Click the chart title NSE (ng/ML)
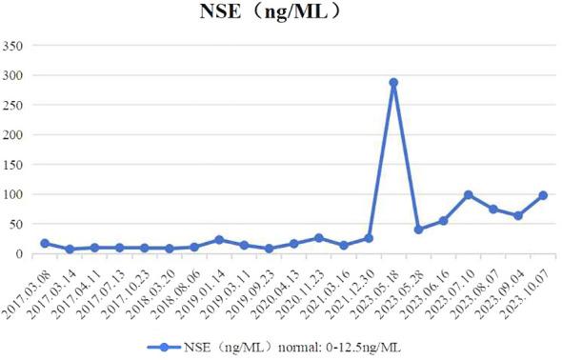tap(281, 14)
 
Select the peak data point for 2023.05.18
tap(393, 83)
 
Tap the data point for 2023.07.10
tap(469, 194)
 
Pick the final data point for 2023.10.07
tap(543, 195)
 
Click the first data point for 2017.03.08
tap(45, 243)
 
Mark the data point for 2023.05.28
tap(418, 230)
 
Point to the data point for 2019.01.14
tap(219, 240)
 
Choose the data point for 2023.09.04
tap(518, 216)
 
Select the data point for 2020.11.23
tap(319, 238)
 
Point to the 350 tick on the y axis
tap(16, 45)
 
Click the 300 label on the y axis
tap(16, 75)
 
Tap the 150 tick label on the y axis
tap(16, 165)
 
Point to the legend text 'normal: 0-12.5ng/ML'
tap(332, 347)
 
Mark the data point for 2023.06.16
tap(443, 220)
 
